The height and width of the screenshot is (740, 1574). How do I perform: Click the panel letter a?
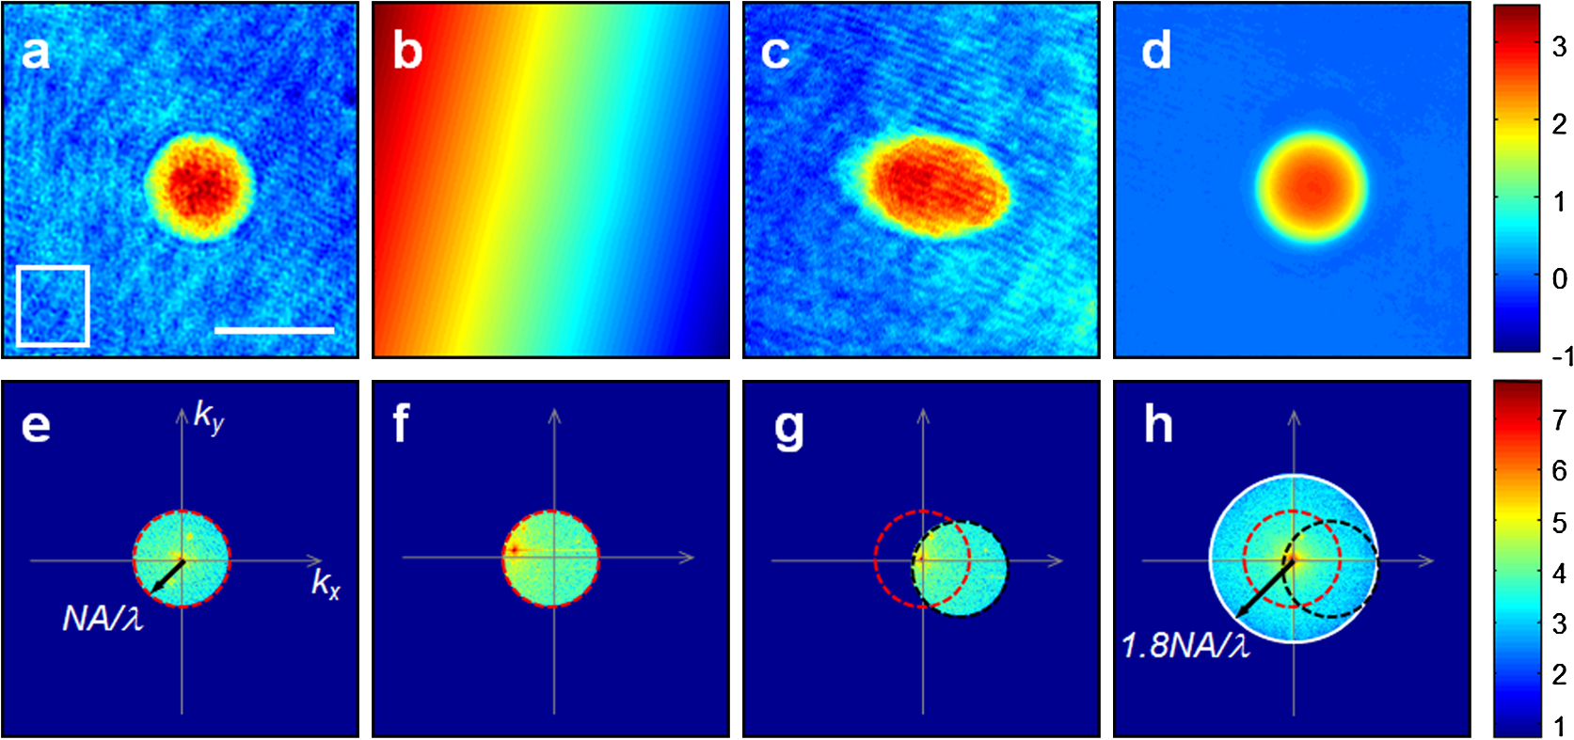(35, 52)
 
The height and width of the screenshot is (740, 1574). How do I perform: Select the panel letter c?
(774, 52)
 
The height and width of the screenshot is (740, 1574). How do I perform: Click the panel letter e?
(36, 425)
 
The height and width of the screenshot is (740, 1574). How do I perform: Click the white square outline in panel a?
(53, 267)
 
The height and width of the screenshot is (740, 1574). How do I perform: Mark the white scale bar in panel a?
(274, 330)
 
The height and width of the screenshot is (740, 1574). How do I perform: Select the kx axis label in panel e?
(326, 584)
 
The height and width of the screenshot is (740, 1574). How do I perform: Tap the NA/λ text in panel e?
(103, 618)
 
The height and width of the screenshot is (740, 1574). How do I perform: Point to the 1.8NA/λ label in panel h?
(1185, 645)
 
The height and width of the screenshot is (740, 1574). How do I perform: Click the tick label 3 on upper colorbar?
(1559, 46)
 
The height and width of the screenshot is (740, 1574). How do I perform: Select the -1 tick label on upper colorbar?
(1562, 356)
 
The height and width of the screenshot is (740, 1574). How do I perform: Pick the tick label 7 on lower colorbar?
(1559, 419)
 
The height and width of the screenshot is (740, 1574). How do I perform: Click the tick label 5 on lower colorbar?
(1559, 522)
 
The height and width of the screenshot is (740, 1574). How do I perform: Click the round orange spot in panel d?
(1311, 187)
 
